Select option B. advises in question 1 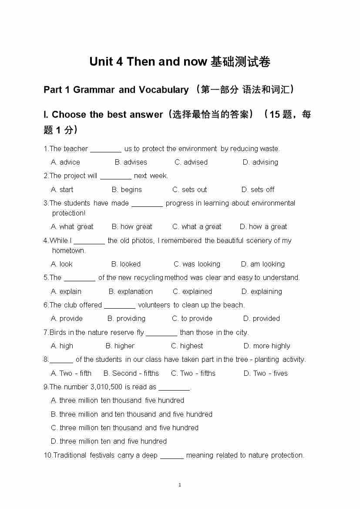(x=131, y=162)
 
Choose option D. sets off (x=258, y=189)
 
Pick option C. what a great (x=197, y=226)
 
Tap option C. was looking (x=197, y=264)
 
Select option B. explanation (x=131, y=291)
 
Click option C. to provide (x=192, y=318)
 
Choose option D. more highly (x=266, y=346)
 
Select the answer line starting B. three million (x=131, y=414)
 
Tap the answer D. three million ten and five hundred (x=108, y=441)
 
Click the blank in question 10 (x=172, y=455)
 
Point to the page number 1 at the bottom (x=180, y=485)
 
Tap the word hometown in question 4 (x=69, y=250)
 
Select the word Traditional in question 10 (x=70, y=455)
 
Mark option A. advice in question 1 (x=65, y=162)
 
